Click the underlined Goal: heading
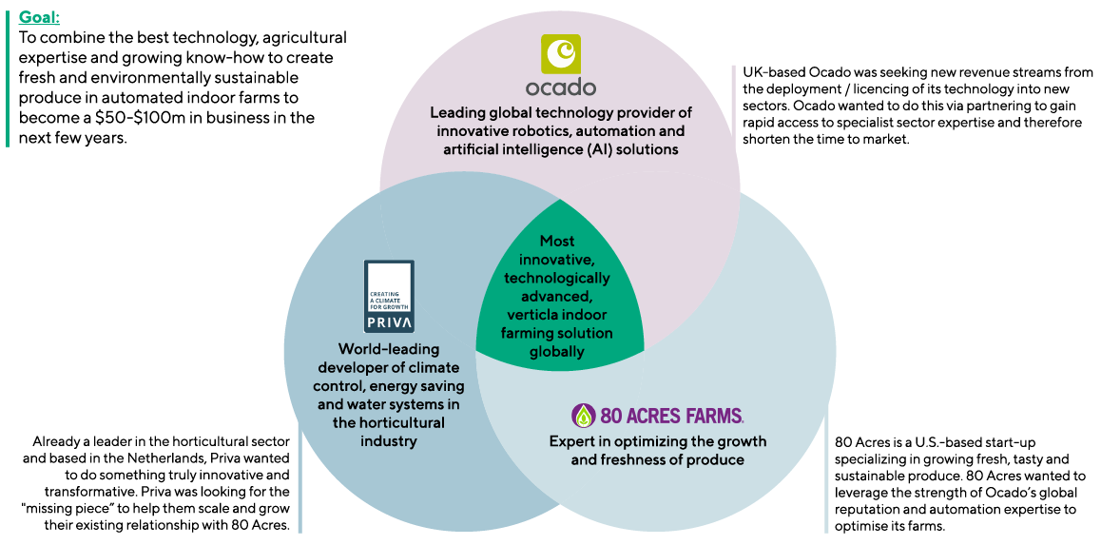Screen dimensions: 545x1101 pyautogui.click(x=38, y=16)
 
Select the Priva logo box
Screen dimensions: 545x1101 pyautogui.click(x=390, y=296)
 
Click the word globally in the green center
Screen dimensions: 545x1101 pyautogui.click(x=557, y=352)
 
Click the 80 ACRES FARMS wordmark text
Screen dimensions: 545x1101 pyautogui.click(x=671, y=416)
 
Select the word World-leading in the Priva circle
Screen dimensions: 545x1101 pyautogui.click(x=389, y=349)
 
